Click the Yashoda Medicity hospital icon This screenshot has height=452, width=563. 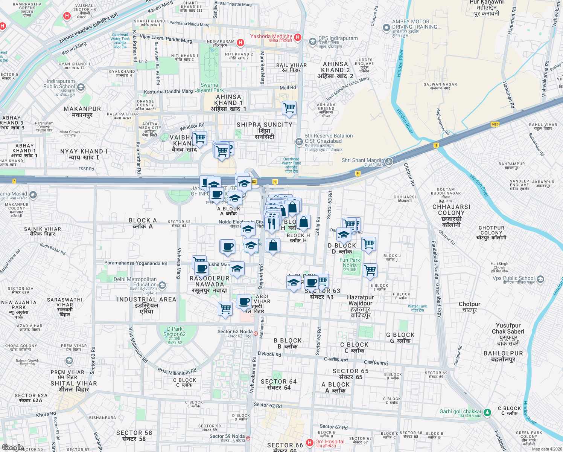(298, 37)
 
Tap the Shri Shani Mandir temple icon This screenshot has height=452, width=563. (389, 162)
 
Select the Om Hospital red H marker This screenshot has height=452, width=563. (310, 443)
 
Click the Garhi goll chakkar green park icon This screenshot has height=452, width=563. (487, 412)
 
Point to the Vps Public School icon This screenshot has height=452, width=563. (540, 279)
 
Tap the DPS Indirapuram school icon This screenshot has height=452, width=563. (312, 41)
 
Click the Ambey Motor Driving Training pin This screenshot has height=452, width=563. (386, 27)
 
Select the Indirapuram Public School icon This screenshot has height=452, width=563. (81, 87)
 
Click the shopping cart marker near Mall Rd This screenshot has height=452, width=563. (289, 108)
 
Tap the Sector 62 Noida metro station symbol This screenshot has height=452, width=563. (256, 333)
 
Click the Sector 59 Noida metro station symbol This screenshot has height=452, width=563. (248, 438)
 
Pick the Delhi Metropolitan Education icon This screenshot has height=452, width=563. (162, 285)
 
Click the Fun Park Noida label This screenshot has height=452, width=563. (350, 263)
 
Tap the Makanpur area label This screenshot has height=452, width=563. (82, 111)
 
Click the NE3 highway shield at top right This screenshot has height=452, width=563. (495, 124)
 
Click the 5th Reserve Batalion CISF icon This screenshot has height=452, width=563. (299, 142)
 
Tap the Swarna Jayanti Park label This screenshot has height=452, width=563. (209, 87)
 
